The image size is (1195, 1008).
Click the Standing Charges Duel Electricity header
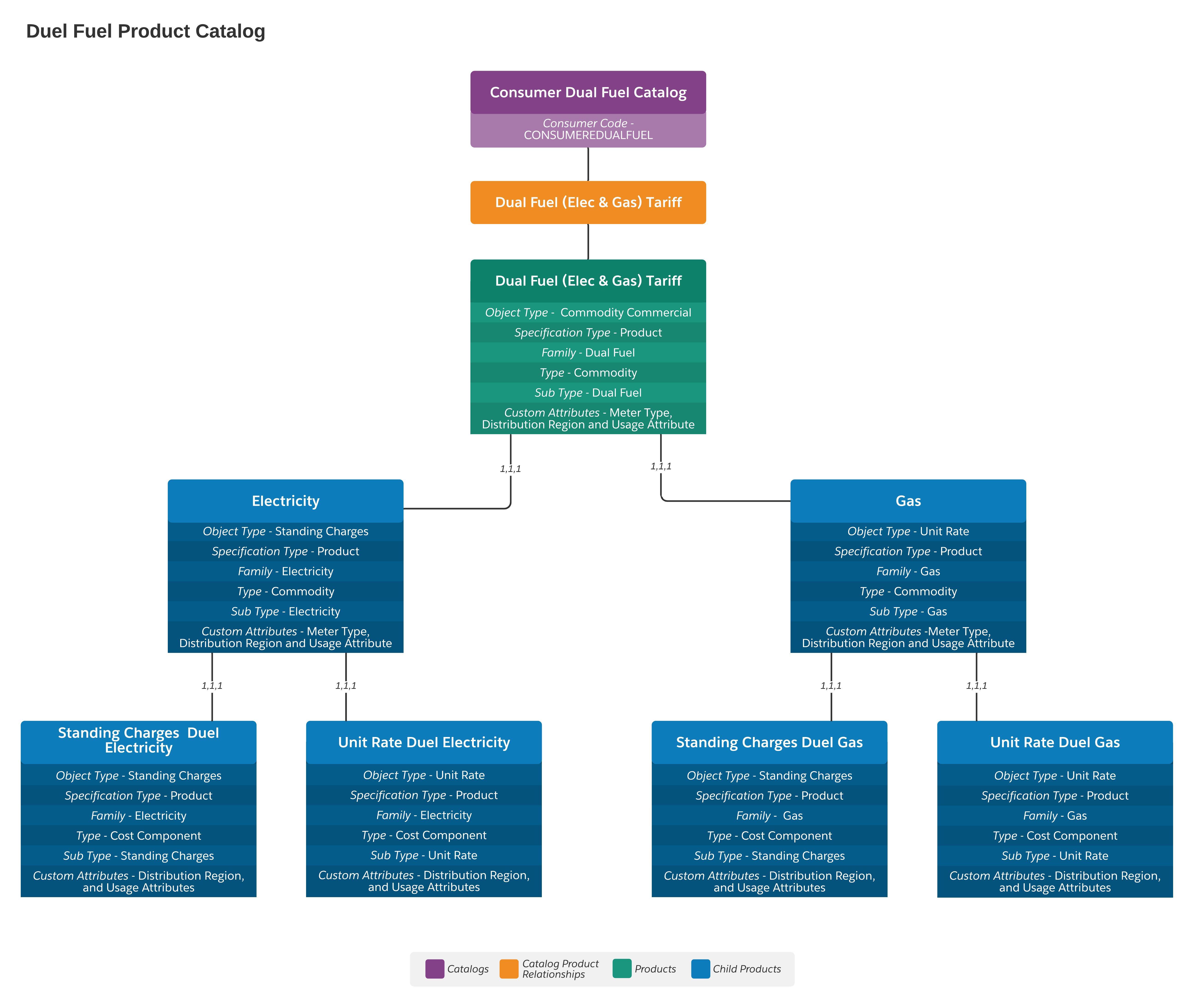point(138,741)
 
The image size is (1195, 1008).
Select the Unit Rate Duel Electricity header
point(423,742)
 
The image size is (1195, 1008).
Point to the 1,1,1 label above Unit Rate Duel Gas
point(976,686)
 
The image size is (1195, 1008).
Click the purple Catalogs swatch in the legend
point(434,969)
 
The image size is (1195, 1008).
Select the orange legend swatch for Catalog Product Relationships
point(509,969)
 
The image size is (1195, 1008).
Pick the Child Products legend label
point(746,969)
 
